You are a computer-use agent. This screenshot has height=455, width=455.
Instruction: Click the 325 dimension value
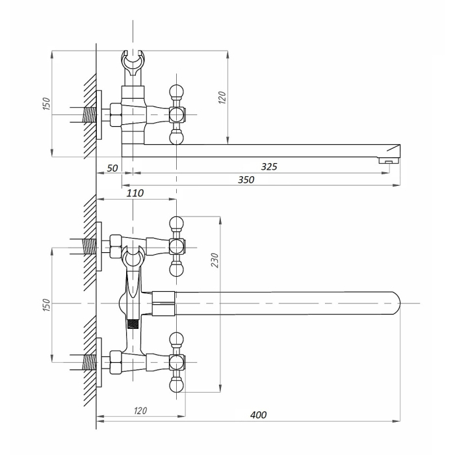[269, 166]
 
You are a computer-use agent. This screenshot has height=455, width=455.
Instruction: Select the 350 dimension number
[246, 179]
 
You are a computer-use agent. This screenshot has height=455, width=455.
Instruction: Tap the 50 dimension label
[112, 168]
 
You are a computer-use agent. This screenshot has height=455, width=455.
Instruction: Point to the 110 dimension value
[135, 193]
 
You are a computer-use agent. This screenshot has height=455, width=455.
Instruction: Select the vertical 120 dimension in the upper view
[222, 98]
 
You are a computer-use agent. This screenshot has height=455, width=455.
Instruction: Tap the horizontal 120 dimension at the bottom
[140, 410]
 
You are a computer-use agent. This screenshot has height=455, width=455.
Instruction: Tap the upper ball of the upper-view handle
[175, 90]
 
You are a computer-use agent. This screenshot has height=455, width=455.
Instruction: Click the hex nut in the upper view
[116, 114]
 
